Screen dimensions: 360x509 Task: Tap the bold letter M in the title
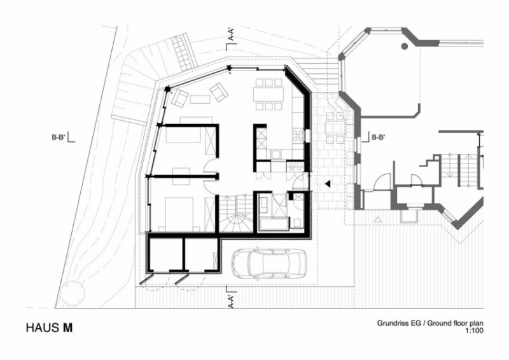pos(67,328)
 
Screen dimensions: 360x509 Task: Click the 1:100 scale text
pos(473,331)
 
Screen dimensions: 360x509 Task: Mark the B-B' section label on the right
pos(379,136)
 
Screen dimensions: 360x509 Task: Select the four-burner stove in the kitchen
pos(297,135)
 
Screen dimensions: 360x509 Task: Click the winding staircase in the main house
pos(238,214)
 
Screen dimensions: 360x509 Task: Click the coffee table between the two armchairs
pos(199,99)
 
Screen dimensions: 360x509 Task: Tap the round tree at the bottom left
pos(72,293)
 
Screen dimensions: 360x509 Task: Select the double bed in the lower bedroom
pos(179,211)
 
